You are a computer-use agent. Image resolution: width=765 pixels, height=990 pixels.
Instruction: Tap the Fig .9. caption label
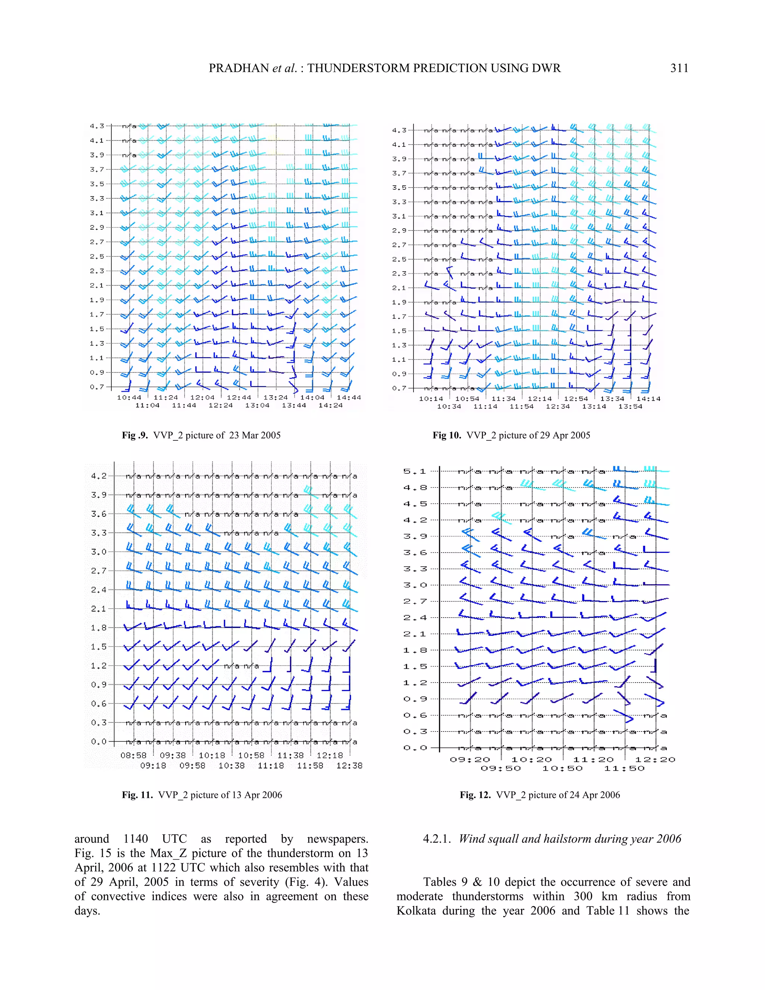(135, 435)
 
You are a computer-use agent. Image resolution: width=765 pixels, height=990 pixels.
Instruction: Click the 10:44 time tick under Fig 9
(129, 397)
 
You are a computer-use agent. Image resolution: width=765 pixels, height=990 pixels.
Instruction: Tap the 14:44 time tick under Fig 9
(349, 397)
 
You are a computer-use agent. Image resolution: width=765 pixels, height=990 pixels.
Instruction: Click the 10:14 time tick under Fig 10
(431, 399)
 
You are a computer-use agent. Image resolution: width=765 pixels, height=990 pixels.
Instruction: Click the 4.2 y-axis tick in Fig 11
(98, 476)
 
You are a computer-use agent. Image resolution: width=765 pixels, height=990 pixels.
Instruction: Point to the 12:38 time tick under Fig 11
(349, 765)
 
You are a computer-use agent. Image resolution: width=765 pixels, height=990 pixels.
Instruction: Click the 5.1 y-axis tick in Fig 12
(415, 471)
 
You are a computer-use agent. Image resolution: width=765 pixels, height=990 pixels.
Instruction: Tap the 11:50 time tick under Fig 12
(624, 768)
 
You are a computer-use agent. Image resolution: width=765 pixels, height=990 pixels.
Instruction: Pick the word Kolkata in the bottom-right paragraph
(416, 911)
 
